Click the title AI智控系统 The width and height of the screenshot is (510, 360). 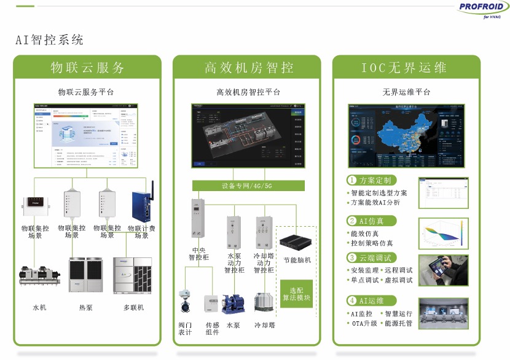49,41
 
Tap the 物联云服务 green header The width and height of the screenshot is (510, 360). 87,67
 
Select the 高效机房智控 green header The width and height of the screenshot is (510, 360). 248,67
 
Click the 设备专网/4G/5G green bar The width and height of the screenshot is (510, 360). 248,185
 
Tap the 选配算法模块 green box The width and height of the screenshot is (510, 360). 296,294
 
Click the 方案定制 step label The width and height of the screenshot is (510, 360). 371,181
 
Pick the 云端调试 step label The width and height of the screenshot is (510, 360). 371,258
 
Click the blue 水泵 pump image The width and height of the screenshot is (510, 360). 233,303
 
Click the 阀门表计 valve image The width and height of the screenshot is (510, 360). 185,302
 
